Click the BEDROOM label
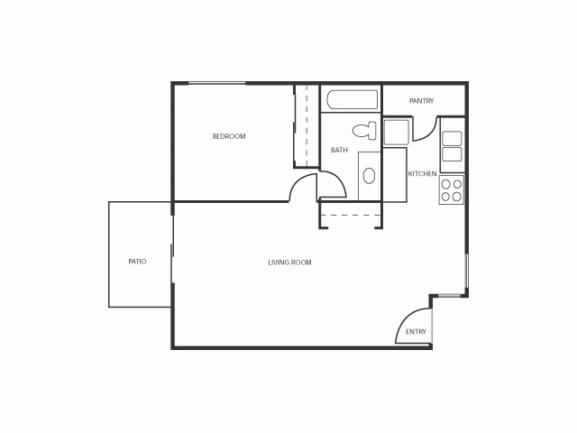(x=229, y=136)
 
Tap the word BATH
(x=339, y=151)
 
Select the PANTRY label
(x=422, y=101)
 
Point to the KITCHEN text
(x=423, y=173)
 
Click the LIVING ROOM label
(x=289, y=263)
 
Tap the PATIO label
(x=137, y=262)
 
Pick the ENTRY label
(x=416, y=332)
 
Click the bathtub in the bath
(x=352, y=100)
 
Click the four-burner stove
(x=452, y=189)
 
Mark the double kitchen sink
(x=452, y=146)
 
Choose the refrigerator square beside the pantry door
(x=398, y=132)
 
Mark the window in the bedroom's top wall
(x=216, y=84)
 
